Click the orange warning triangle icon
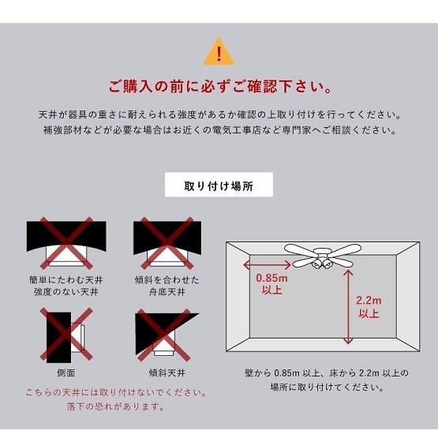click(x=219, y=52)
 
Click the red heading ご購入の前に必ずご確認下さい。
click(x=219, y=85)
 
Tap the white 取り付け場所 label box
click(x=218, y=186)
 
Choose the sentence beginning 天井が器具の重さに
click(x=219, y=114)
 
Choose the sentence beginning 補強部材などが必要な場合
click(x=219, y=130)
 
